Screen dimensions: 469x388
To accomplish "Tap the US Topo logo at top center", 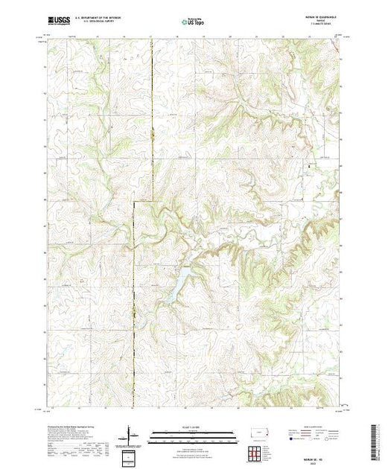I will click(x=193, y=22).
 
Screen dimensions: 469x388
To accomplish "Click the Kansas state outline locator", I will click(x=258, y=433).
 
